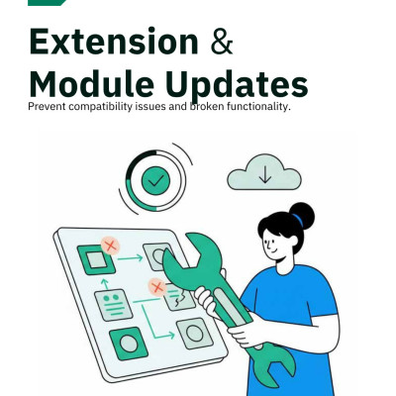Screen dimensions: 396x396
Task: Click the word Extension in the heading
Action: point(114,42)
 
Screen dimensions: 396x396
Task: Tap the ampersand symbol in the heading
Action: point(222,42)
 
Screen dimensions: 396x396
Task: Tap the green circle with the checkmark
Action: point(155,180)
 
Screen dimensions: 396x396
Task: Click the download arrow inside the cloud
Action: point(265,174)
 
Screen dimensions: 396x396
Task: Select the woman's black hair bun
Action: point(301,216)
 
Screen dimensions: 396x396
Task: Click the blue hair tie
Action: point(297,220)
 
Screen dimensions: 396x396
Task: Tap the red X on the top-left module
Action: point(111,246)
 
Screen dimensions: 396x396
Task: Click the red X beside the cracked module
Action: point(157,287)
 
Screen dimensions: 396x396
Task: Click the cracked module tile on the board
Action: point(178,297)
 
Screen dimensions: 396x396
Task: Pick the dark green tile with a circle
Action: point(129,344)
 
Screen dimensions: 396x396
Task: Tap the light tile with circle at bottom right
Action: point(195,334)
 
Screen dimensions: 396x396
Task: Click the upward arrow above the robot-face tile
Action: point(105,284)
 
